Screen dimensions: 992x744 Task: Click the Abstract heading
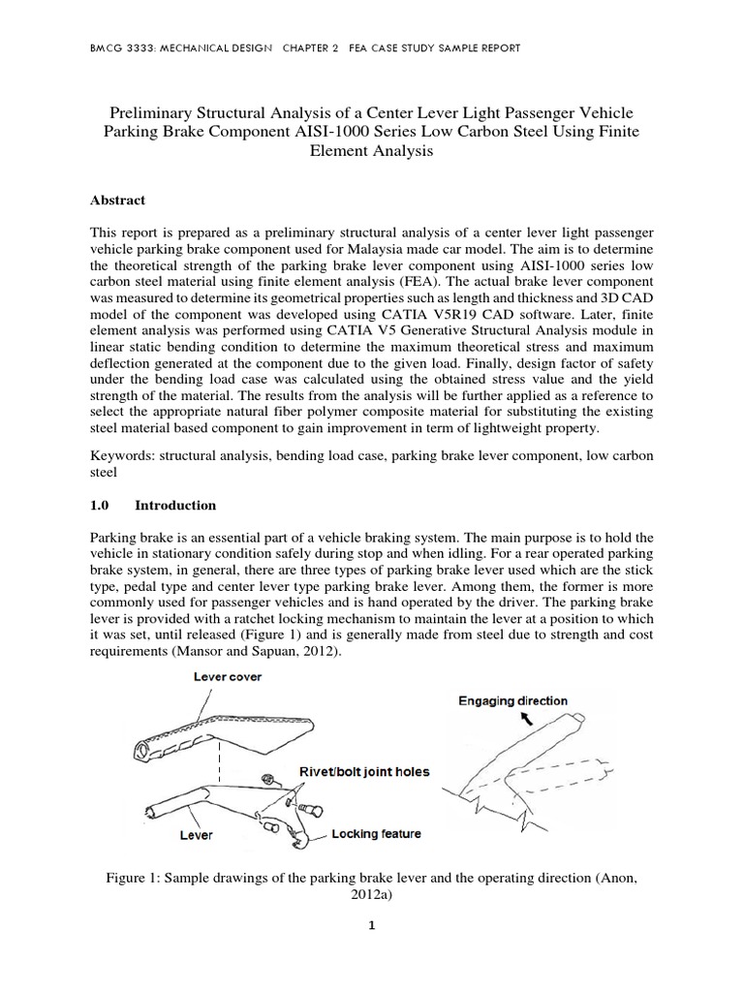click(117, 201)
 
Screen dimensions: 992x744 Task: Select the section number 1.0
click(100, 506)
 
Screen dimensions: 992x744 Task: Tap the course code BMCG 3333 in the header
click(122, 47)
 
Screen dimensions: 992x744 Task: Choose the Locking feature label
click(376, 832)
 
